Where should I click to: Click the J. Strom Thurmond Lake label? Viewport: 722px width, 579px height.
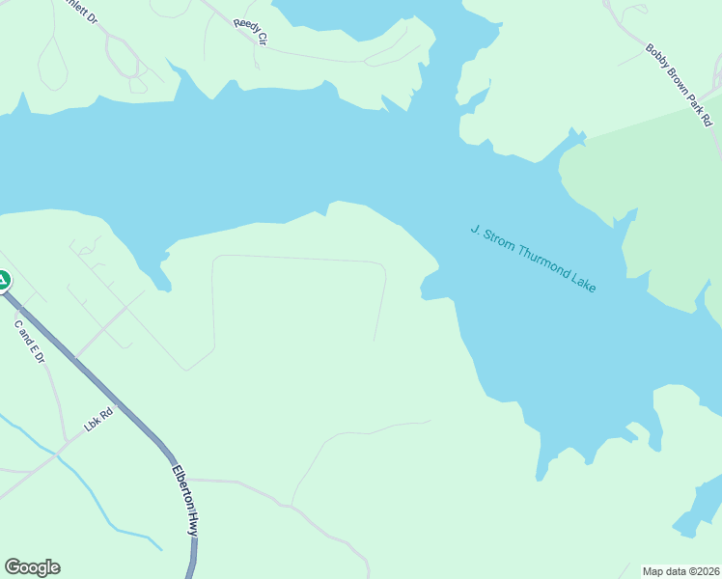click(x=533, y=259)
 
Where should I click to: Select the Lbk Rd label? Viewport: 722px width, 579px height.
click(x=98, y=422)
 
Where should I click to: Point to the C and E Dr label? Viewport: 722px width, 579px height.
click(x=30, y=342)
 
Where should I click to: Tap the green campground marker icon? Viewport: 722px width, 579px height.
click(x=3, y=281)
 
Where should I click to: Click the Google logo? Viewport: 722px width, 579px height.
click(x=32, y=567)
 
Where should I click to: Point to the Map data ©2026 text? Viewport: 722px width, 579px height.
click(x=680, y=571)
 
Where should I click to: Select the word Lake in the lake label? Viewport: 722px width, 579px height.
click(x=583, y=282)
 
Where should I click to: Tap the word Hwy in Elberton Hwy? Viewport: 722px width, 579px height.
click(x=193, y=524)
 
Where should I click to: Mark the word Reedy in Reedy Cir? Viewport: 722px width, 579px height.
click(x=245, y=27)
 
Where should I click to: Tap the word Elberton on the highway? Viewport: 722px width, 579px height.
click(x=181, y=486)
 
